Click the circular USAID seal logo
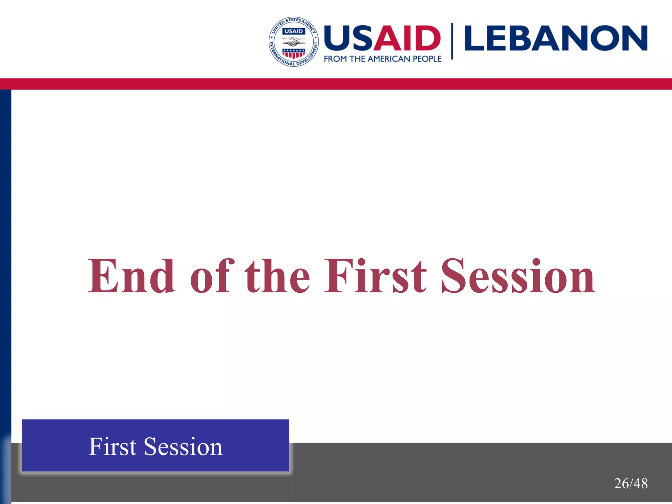click(x=293, y=41)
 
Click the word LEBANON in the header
click(x=556, y=38)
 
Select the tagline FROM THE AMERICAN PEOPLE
click(x=383, y=59)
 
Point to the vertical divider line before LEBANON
click(x=452, y=41)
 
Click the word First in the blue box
click(x=112, y=447)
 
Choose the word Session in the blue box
click(x=183, y=447)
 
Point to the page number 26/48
click(x=631, y=484)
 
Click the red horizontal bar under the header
click(x=336, y=84)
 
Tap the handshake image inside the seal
click(x=294, y=42)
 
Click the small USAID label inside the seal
click(x=294, y=31)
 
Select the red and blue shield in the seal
click(x=294, y=53)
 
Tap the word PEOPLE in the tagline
click(x=427, y=59)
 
